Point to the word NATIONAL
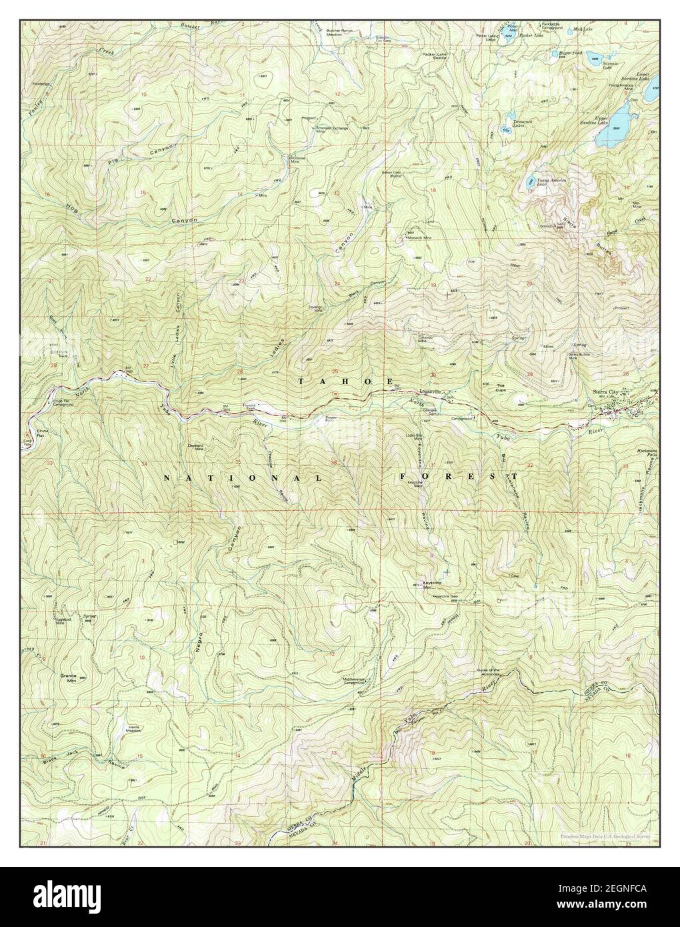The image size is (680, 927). pos(243,479)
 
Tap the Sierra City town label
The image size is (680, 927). pos(605,392)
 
